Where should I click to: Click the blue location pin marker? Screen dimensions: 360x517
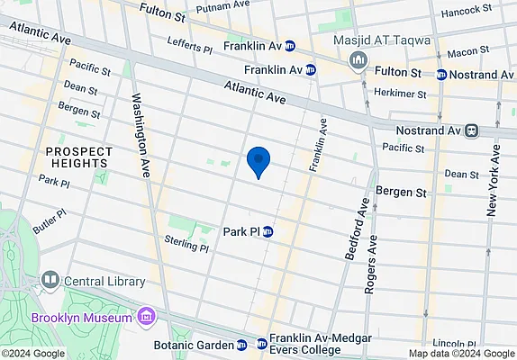click(x=259, y=162)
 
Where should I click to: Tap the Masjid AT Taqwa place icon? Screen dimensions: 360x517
click(x=358, y=59)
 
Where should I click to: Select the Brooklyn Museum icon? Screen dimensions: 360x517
click(x=146, y=317)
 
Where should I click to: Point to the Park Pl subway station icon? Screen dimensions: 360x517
click(x=268, y=231)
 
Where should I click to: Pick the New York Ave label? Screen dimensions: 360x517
click(x=494, y=181)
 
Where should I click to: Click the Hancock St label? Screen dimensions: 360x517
click(x=464, y=13)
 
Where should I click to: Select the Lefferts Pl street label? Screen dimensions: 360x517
click(x=189, y=41)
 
